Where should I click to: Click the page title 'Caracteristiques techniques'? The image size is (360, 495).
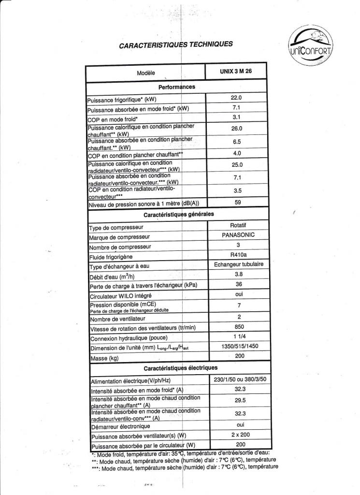pos(175,44)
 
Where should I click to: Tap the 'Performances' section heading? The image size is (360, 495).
pos(176,87)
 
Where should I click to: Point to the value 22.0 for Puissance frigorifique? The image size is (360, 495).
pos(237,99)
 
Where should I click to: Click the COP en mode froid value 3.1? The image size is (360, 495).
pos(237,117)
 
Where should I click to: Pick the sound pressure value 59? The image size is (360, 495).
pos(237,203)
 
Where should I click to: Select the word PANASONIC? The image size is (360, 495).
pos(239,235)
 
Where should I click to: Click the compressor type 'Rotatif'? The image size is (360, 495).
pos(239,225)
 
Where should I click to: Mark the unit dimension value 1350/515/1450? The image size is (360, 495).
pos(239,347)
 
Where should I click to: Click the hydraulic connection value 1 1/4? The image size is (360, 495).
pos(239,337)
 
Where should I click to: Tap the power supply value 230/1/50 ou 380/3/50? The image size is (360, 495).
pos(240,379)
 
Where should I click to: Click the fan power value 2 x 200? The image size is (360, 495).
pos(239,435)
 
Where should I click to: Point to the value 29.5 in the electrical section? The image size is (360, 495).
pos(239,400)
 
